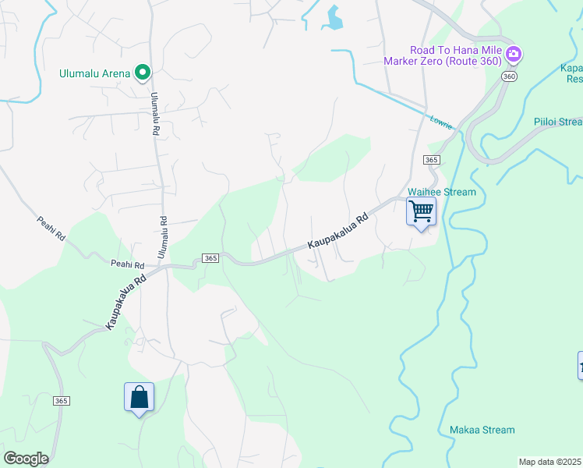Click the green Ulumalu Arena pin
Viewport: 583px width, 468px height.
(x=143, y=73)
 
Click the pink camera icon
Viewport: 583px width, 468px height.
(x=513, y=55)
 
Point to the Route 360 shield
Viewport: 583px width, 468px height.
(x=509, y=76)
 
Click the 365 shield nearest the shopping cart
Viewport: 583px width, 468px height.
(x=433, y=159)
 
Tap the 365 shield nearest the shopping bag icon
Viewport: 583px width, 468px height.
(x=62, y=400)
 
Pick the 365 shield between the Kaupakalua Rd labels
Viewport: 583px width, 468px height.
(x=210, y=258)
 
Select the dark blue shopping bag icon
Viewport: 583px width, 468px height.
(x=139, y=396)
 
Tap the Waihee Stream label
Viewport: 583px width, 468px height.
(x=442, y=192)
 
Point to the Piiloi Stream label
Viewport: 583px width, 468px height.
(x=558, y=122)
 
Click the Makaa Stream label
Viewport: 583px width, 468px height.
(x=482, y=430)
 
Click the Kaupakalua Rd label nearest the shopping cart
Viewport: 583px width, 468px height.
(x=337, y=232)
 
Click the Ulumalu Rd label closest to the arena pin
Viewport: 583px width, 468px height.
(x=155, y=115)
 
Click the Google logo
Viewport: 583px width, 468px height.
(x=26, y=459)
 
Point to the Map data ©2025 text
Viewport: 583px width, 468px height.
(x=550, y=462)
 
